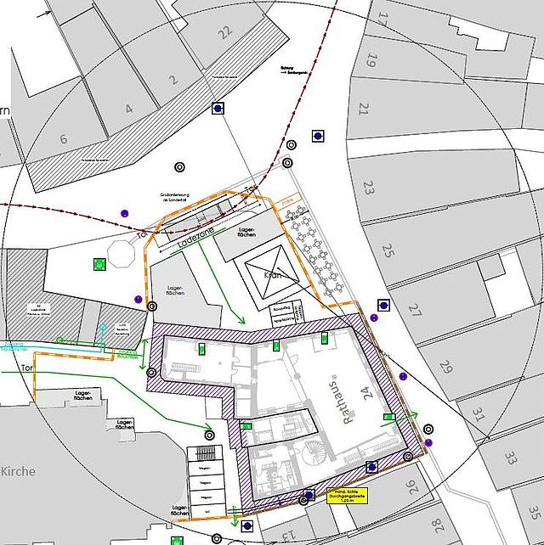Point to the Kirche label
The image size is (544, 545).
tap(19, 471)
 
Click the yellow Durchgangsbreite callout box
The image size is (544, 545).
tap(345, 496)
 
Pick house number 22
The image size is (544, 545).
tap(224, 33)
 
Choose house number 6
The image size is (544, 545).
tap(63, 139)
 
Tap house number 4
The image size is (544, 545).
tap(128, 109)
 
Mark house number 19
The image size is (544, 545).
tap(371, 60)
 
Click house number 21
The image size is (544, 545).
tap(364, 109)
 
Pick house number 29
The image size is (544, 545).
tap(447, 368)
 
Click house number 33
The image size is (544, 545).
tap(510, 458)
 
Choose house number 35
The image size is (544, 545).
tap(533, 512)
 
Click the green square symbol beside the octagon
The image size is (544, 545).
tap(99, 263)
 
